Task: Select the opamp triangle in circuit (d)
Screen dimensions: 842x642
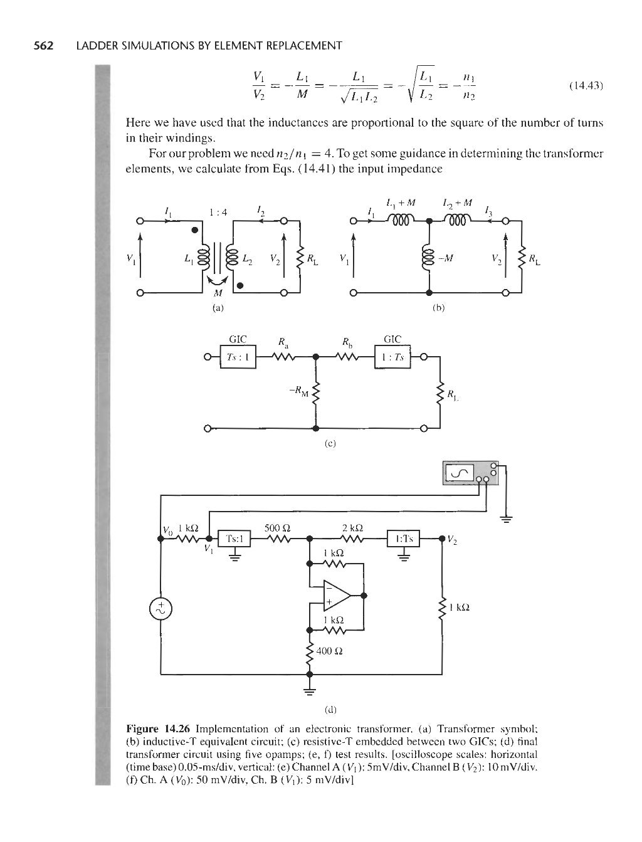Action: pyautogui.click(x=335, y=595)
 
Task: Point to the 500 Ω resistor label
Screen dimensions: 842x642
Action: pyautogui.click(x=276, y=527)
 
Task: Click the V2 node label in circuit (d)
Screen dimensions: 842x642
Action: pyautogui.click(x=455, y=542)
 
